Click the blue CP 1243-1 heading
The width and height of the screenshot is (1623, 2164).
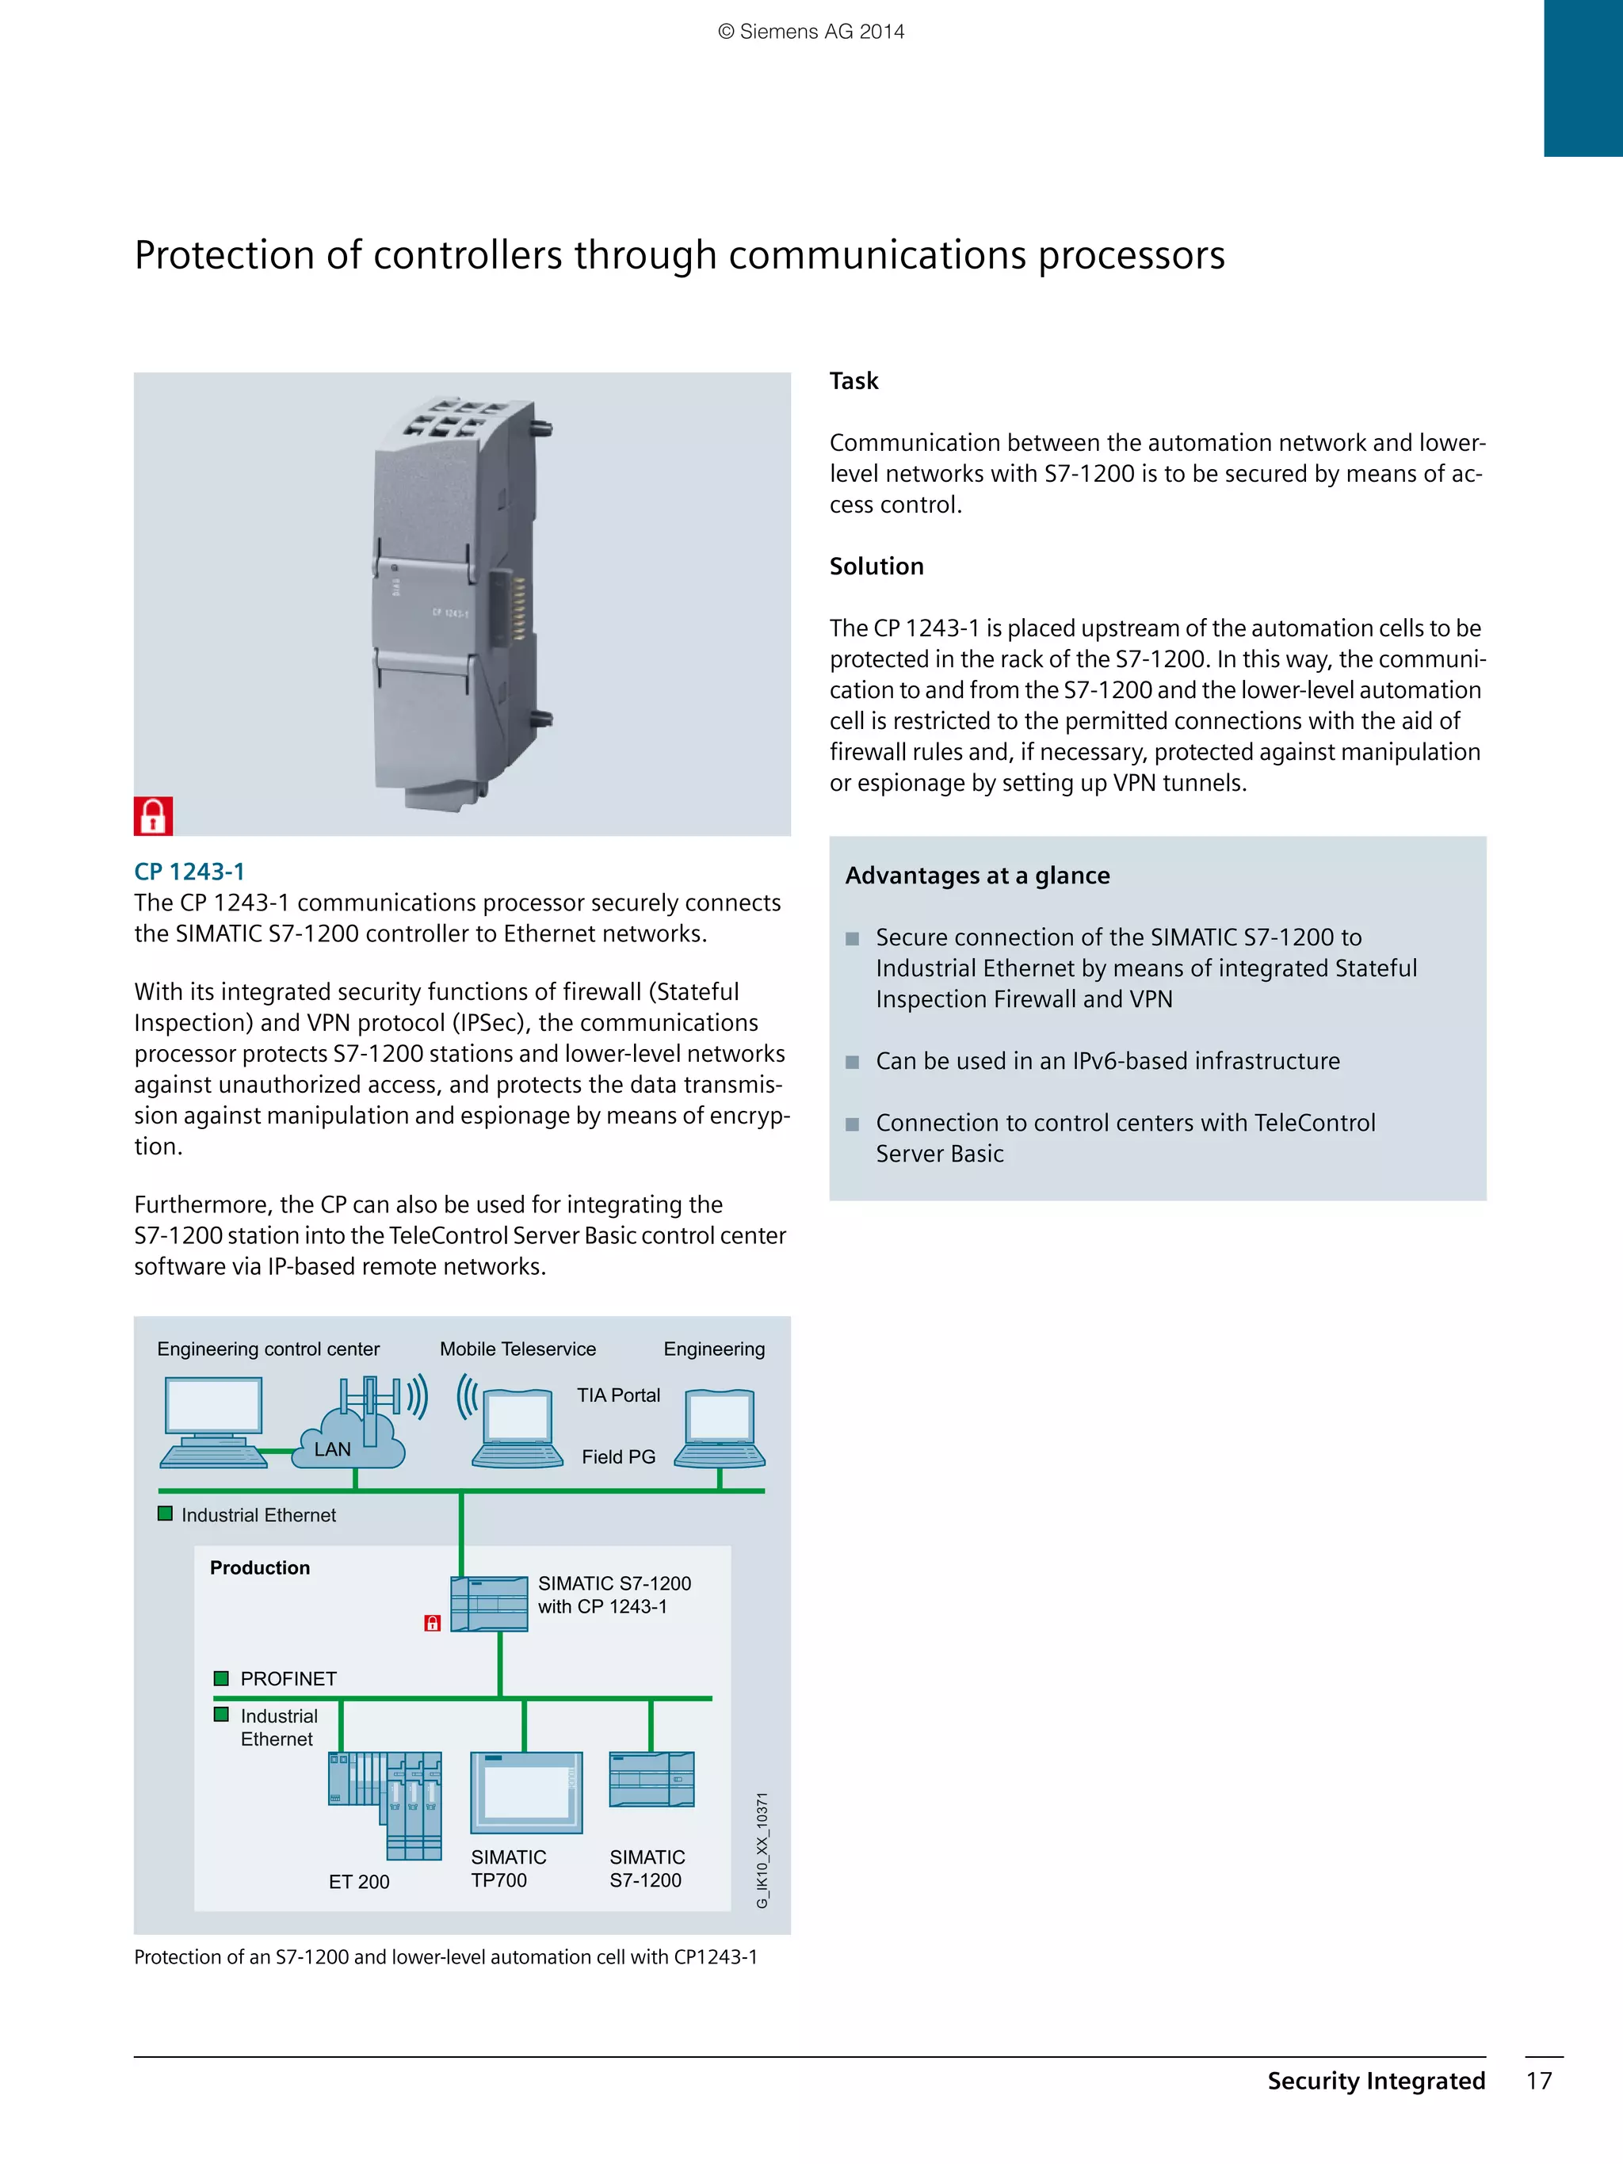(189, 872)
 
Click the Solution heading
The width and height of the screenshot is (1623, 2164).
(876, 567)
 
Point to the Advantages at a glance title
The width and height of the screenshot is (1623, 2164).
(976, 876)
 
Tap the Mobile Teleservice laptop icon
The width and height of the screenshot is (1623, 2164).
(517, 1429)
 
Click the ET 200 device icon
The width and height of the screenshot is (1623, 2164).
(385, 1803)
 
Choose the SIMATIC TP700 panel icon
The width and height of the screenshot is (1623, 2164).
(526, 1792)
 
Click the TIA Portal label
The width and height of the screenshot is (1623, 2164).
(618, 1395)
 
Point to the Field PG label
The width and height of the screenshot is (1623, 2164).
(618, 1456)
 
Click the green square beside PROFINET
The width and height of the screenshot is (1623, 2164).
(221, 1677)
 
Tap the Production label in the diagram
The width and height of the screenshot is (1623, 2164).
(259, 1567)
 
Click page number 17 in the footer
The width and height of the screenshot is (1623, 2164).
(1539, 2081)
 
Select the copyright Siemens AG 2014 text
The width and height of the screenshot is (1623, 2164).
(811, 32)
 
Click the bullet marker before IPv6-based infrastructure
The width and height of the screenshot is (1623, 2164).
(852, 1062)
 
